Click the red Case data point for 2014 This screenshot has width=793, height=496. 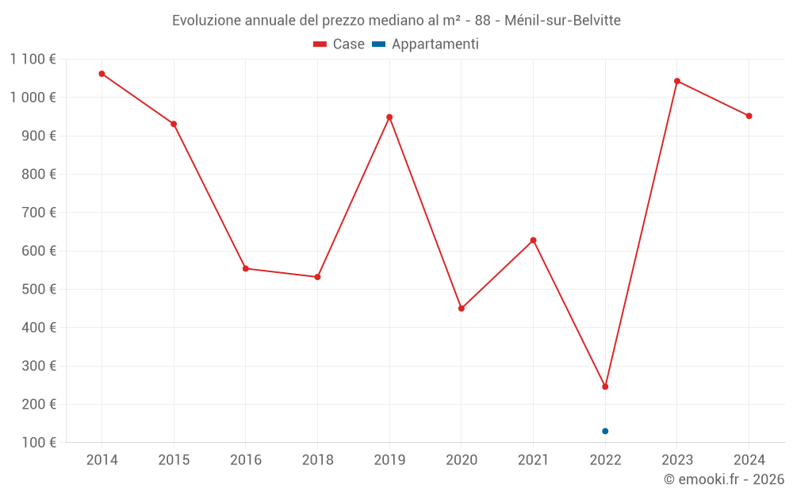pyautogui.click(x=102, y=74)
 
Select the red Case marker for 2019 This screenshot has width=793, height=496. pyautogui.click(x=389, y=117)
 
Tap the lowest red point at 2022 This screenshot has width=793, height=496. pyautogui.click(x=605, y=386)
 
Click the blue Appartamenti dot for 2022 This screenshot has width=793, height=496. pyautogui.click(x=605, y=431)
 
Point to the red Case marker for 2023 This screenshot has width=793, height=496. pyautogui.click(x=677, y=81)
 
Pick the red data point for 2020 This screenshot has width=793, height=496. pyautogui.click(x=462, y=308)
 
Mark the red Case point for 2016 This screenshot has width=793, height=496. pyautogui.click(x=246, y=268)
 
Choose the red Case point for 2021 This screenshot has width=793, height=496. pyautogui.click(x=533, y=240)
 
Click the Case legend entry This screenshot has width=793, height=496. pyautogui.click(x=339, y=44)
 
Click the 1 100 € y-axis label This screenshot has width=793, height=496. pyautogui.click(x=33, y=60)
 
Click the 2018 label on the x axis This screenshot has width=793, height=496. pyautogui.click(x=317, y=460)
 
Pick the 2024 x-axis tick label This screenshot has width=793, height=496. pyautogui.click(x=749, y=460)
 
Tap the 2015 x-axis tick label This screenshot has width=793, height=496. pyautogui.click(x=174, y=460)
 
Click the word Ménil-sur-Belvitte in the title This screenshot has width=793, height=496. pyautogui.click(x=562, y=20)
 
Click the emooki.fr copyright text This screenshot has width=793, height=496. pyautogui.click(x=724, y=479)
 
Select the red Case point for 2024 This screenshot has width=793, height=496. pyautogui.click(x=749, y=116)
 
